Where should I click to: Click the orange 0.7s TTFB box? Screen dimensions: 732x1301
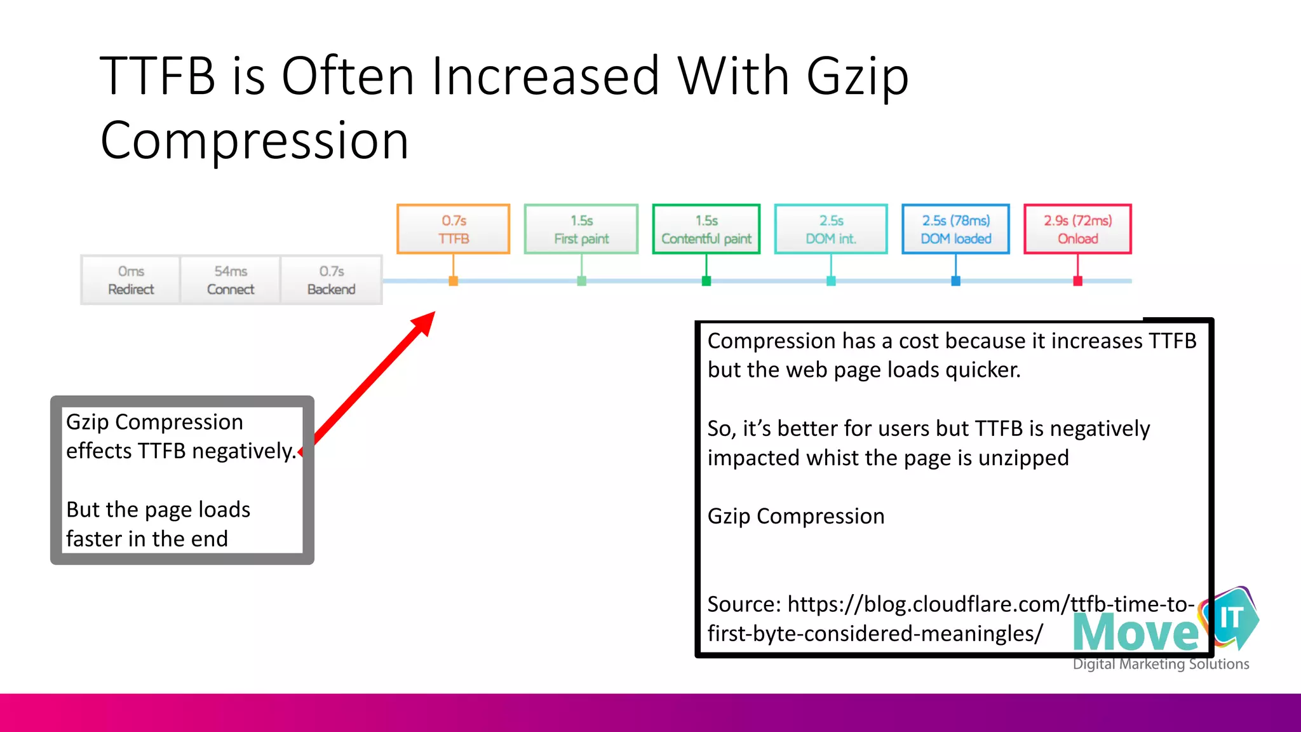tap(454, 229)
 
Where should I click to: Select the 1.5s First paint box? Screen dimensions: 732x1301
tap(581, 229)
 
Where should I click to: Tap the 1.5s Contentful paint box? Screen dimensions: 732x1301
tap(706, 229)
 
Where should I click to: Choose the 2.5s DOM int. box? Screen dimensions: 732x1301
tap(831, 229)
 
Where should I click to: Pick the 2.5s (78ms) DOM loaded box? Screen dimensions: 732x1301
tap(955, 229)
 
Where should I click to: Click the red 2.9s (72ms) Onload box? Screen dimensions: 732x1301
tap(1077, 229)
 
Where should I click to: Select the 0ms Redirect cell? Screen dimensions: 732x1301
tap(131, 280)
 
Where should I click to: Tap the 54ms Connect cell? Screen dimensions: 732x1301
tap(231, 280)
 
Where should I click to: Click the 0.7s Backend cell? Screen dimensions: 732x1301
tap(332, 280)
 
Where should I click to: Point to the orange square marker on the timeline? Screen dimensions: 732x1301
tap(454, 281)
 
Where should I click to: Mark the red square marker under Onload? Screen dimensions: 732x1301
tap(1077, 281)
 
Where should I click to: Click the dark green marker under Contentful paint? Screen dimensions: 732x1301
tap(706, 281)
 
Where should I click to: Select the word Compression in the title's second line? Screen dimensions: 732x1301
tap(254, 141)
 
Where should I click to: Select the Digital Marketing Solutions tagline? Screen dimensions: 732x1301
tap(1161, 664)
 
